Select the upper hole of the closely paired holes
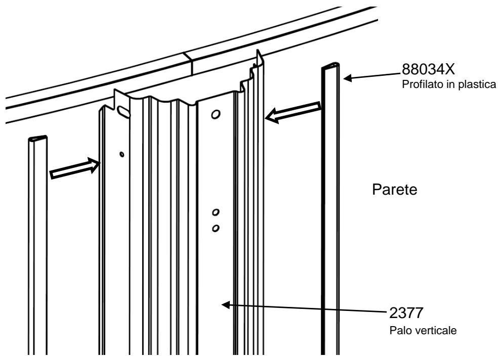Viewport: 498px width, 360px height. [216, 211]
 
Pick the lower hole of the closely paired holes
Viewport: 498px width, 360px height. [216, 228]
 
